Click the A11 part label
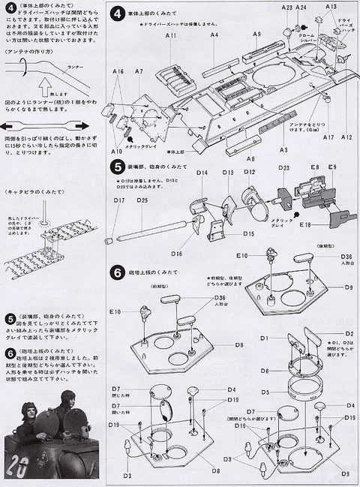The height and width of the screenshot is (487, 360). coord(171,36)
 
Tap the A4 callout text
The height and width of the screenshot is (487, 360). coord(214,35)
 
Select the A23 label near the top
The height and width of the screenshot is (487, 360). coord(286,7)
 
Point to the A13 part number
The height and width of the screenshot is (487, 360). coord(331,7)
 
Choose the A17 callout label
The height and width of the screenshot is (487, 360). coord(328,137)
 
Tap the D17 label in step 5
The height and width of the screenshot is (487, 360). coord(119,200)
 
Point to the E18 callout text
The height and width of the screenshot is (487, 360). coord(304,224)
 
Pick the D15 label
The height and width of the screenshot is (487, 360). coord(247,233)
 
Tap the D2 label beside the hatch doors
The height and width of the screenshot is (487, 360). coord(349,333)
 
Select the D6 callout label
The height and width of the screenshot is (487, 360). coord(265,371)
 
